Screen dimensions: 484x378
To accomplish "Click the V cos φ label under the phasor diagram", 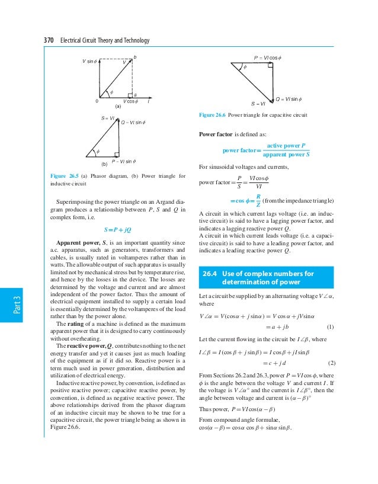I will [x=130, y=101].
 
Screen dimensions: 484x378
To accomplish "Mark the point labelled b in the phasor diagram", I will [x=135, y=57].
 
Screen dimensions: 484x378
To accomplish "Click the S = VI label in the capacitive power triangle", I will [x=254, y=104].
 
